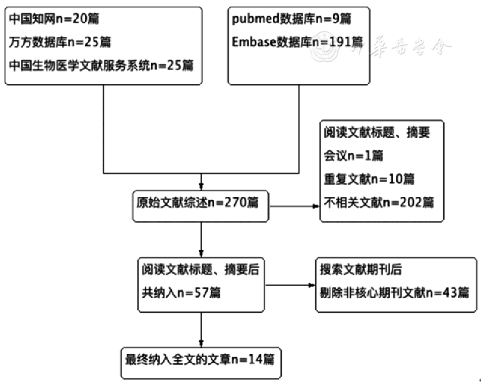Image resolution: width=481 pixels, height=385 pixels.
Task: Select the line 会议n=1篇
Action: (x=352, y=155)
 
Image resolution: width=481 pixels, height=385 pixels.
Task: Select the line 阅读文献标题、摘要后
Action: (x=200, y=269)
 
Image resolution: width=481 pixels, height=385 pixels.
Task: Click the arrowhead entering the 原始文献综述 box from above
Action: (x=201, y=185)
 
